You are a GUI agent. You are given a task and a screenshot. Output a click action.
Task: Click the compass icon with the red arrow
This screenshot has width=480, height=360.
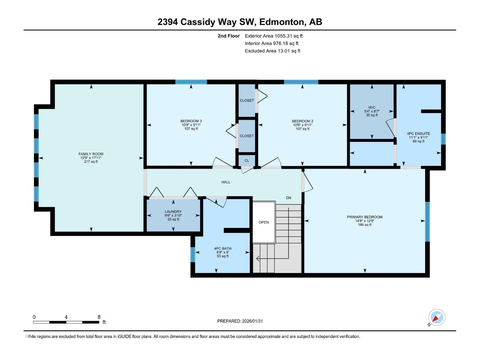click(436, 317)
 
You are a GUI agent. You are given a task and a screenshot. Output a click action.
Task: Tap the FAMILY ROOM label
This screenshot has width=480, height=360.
click(91, 154)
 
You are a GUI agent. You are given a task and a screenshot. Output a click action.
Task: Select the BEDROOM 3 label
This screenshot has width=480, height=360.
click(191, 121)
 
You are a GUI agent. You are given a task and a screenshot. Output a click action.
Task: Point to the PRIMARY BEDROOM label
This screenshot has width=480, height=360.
click(364, 217)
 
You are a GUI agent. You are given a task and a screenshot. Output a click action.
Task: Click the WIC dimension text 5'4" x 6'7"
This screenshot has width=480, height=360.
click(371, 111)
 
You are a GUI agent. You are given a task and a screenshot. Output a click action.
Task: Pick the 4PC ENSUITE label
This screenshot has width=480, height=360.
click(418, 133)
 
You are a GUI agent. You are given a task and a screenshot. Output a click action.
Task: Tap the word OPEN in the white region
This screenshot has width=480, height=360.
click(263, 222)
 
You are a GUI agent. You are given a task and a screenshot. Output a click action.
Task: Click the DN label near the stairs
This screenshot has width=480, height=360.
click(288, 198)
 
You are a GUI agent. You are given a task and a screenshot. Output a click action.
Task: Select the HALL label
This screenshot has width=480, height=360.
click(226, 182)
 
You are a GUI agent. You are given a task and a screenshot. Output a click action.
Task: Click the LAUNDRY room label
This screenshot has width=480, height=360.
click(173, 211)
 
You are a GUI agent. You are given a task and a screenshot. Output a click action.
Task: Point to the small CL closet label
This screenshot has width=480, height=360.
click(247, 161)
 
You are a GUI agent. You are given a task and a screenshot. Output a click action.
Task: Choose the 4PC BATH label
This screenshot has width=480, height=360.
click(223, 248)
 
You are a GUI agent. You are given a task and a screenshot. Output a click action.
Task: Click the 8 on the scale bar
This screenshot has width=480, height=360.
click(99, 317)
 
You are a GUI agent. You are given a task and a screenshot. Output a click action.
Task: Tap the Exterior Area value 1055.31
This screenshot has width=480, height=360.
click(283, 36)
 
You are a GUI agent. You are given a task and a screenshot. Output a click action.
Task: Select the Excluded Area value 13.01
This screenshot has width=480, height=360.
click(284, 51)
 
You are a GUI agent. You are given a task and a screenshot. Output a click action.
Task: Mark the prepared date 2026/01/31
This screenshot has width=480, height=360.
click(252, 321)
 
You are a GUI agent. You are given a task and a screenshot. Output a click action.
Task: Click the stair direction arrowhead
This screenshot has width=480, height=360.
click(258, 259)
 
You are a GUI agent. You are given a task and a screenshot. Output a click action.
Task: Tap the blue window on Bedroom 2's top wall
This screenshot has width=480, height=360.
click(301, 82)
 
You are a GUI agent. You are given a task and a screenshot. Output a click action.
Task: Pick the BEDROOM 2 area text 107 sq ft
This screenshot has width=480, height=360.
click(302, 129)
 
